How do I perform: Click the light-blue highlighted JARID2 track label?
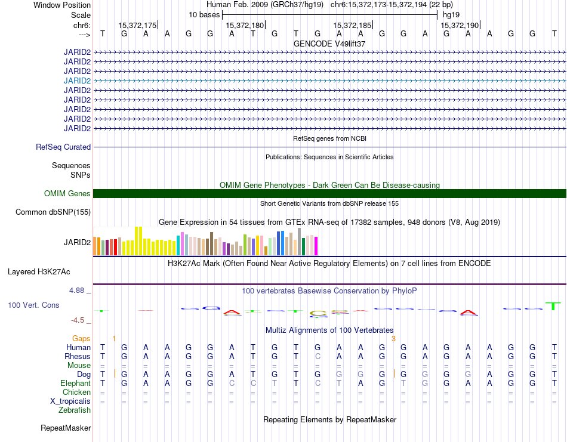pos(77,81)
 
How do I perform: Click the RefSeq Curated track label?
pos(63,147)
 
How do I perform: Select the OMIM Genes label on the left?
pos(67,194)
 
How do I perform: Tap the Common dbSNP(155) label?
pos(53,212)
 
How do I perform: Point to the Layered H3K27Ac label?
pos(39,272)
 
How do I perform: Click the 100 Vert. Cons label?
pos(33,305)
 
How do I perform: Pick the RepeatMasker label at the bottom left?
pos(66,428)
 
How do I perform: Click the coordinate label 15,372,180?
pos(245,25)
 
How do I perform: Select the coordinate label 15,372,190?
pos(460,25)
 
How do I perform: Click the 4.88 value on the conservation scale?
pos(76,290)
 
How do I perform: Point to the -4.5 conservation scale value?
pos(78,320)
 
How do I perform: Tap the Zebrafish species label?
pos(75,410)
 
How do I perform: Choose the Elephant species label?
pos(76,383)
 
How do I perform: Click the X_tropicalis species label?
pos(70,401)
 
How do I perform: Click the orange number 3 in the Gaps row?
pos(393,339)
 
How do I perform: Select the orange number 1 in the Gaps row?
pos(114,339)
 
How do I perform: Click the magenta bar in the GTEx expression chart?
pos(316,246)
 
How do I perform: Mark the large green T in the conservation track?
pos(553,306)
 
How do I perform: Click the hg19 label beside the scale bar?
pos(451,15)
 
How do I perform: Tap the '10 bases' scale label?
pos(204,15)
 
